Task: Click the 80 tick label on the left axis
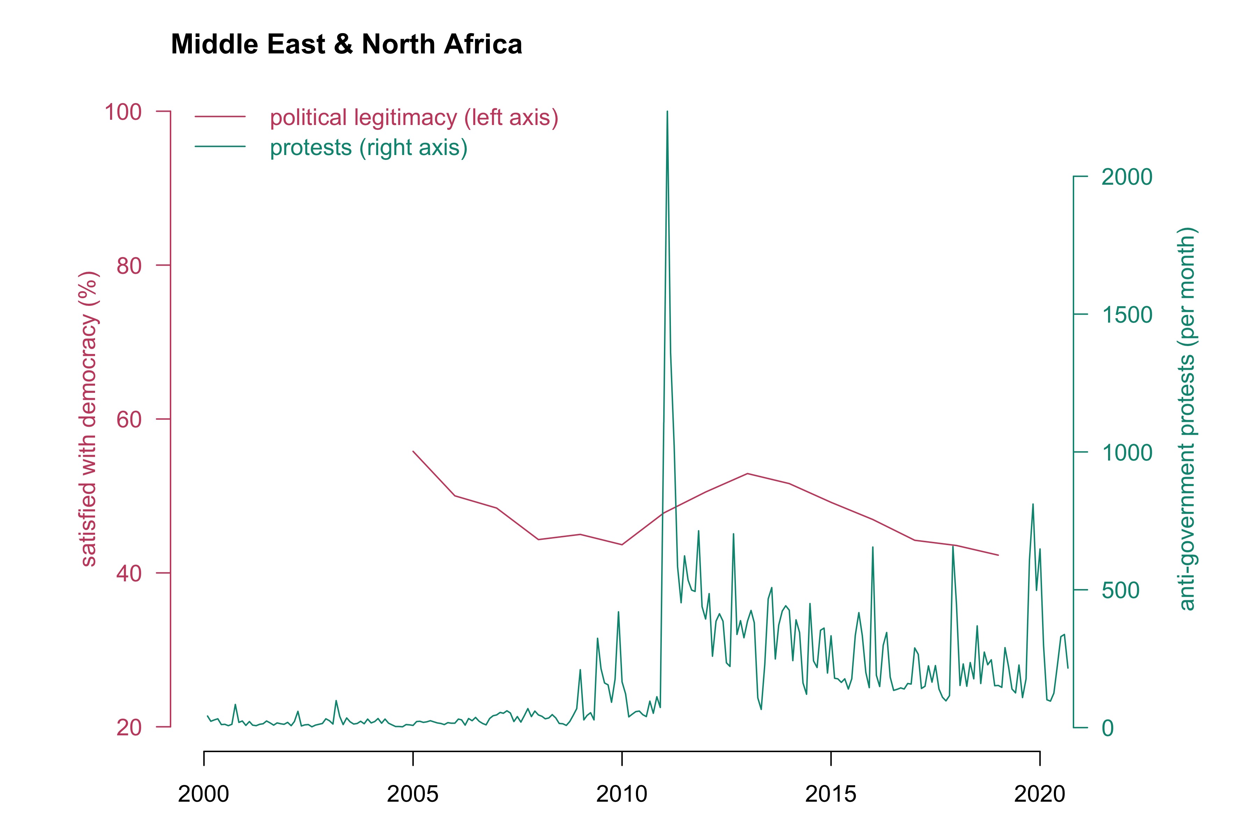point(129,266)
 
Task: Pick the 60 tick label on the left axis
point(129,420)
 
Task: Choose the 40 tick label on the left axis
point(129,573)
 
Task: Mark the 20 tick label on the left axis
point(129,727)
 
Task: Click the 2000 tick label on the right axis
point(1126,177)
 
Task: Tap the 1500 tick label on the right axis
point(1126,315)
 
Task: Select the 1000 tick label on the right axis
point(1126,453)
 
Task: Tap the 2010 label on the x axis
point(621,794)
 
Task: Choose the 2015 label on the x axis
point(831,794)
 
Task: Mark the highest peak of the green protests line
point(667,112)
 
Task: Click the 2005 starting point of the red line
point(413,451)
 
